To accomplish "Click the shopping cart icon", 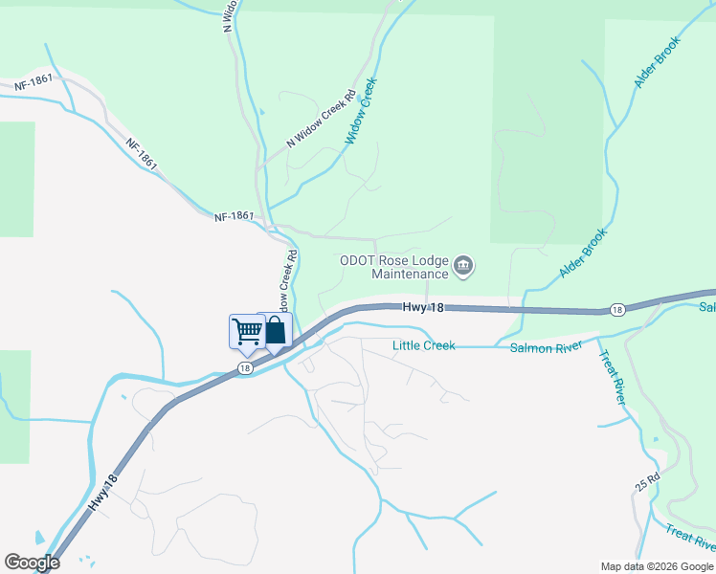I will coord(247,331).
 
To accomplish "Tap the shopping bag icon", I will coord(275,330).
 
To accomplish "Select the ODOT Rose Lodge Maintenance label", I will coord(394,267).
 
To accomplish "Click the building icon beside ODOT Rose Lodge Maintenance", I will coord(463,266).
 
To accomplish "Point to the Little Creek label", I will coord(423,345).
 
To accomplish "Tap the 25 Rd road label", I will coord(648,481).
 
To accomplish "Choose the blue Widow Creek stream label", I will coord(363,112).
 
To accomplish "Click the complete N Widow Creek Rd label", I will coord(321,120).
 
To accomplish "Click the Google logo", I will coord(32,563).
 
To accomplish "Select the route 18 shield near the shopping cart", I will coord(246,368).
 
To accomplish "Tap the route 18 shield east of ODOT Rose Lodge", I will coord(617,310).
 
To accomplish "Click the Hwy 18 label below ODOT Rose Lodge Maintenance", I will coord(423,307).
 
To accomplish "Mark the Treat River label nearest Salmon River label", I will coord(612,378).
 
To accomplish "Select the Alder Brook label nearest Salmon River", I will coord(583,254).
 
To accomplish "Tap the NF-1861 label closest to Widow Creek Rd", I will coord(234,217).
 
